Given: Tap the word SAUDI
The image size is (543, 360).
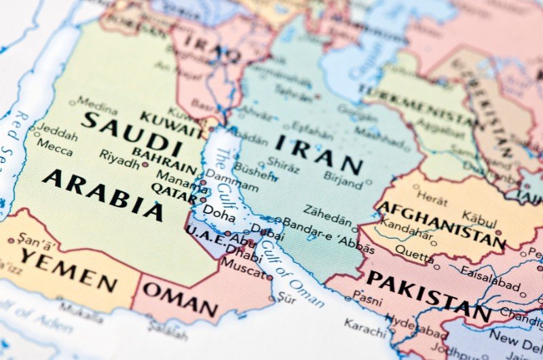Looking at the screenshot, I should coord(132,133).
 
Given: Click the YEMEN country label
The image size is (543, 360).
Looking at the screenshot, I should coord(68,269).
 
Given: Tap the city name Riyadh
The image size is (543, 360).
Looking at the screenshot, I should coord(119,156).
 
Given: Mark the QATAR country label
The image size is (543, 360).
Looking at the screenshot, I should coord(174,192).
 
